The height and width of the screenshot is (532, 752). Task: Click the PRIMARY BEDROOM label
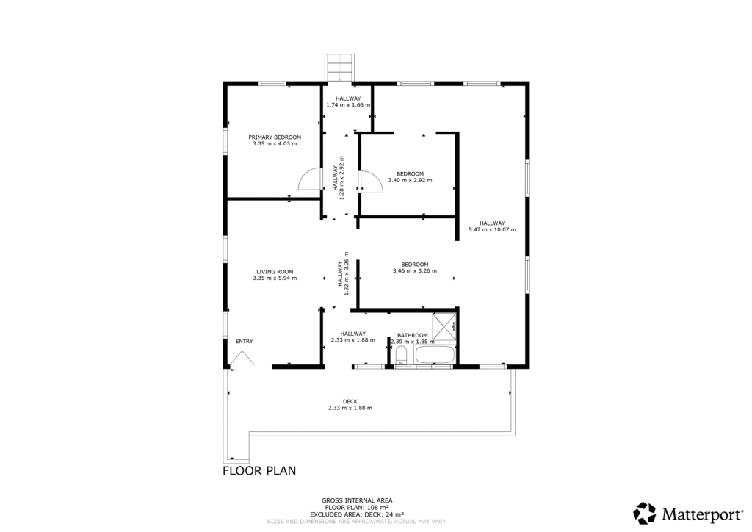pyautogui.click(x=275, y=137)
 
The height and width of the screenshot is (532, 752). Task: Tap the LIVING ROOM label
pyautogui.click(x=275, y=272)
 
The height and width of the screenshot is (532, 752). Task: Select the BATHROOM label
pyautogui.click(x=413, y=335)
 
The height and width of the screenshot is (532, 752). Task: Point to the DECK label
pyautogui.click(x=350, y=401)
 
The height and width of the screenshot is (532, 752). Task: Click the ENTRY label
pyautogui.click(x=244, y=342)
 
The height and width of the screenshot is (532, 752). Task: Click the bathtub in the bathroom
pyautogui.click(x=435, y=356)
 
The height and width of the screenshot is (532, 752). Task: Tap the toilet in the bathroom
pyautogui.click(x=402, y=356)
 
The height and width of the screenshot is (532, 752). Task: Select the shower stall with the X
pyautogui.click(x=444, y=327)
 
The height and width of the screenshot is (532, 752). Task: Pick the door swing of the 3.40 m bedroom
pyautogui.click(x=371, y=181)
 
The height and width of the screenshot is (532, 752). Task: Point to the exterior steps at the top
pyautogui.click(x=339, y=68)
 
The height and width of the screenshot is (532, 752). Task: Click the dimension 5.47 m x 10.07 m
pyautogui.click(x=492, y=229)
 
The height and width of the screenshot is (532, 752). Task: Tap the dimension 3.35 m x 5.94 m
pyautogui.click(x=275, y=278)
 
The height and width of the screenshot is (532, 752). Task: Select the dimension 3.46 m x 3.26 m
pyautogui.click(x=415, y=270)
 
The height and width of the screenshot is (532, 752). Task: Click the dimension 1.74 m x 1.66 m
pyautogui.click(x=348, y=104)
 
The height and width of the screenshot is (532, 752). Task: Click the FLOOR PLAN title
pyautogui.click(x=259, y=470)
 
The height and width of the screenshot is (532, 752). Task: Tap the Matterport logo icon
pyautogui.click(x=645, y=514)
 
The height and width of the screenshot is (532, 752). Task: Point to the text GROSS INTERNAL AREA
pyautogui.click(x=357, y=500)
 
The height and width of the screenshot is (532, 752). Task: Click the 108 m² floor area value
pyautogui.click(x=377, y=507)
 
